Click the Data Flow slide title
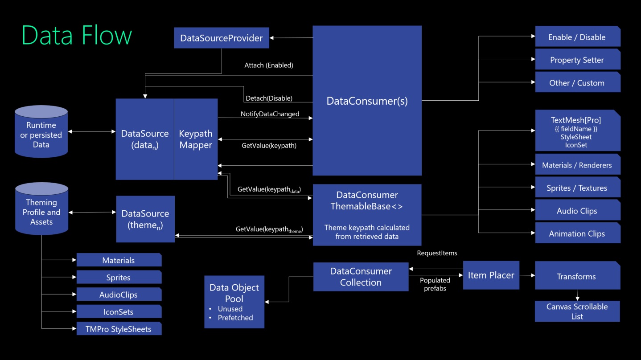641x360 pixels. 77,35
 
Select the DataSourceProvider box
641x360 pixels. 221,38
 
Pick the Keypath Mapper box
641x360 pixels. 196,139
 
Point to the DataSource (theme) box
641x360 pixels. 145,219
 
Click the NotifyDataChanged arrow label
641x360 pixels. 270,114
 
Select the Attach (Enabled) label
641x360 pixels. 268,65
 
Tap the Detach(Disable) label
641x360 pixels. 269,98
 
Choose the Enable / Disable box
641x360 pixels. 577,37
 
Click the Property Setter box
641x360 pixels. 577,60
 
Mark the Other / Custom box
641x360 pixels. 577,83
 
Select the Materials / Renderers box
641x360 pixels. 577,165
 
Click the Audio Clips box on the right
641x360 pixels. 577,211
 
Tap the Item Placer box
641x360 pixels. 491,275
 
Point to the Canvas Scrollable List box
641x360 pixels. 577,311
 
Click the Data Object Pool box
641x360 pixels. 234,302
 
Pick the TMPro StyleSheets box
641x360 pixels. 119,329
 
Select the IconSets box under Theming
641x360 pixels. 119,312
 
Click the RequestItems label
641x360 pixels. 437,253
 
